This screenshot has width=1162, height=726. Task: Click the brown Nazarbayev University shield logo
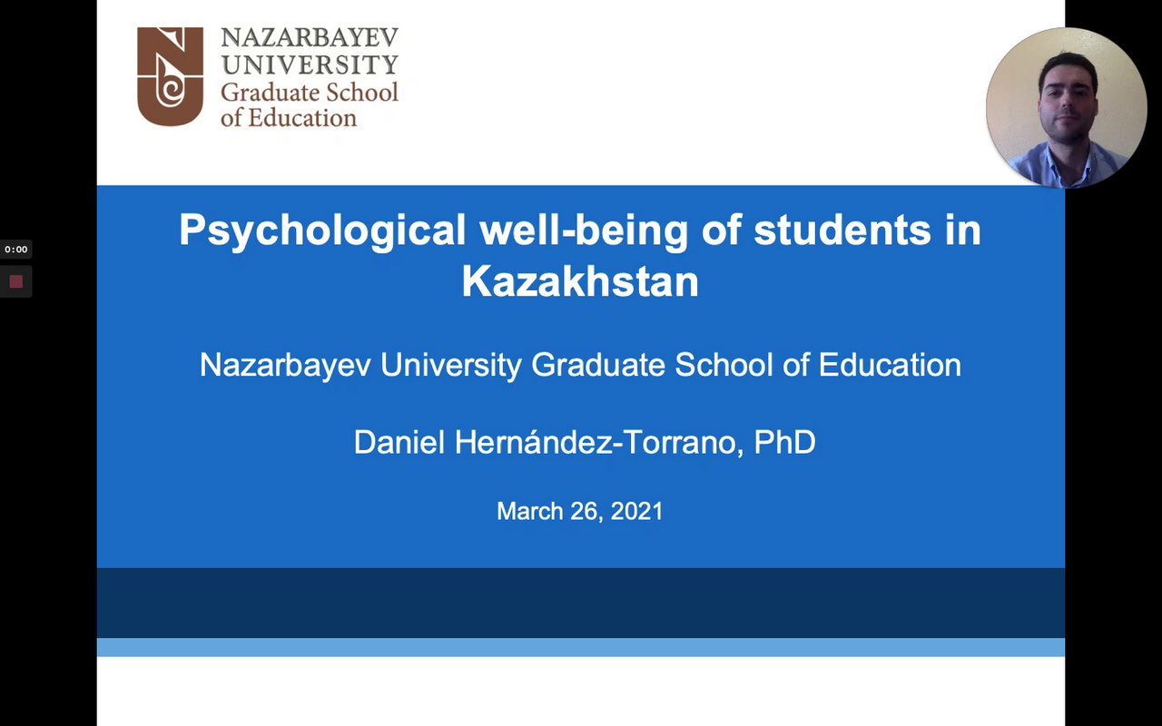[170, 76]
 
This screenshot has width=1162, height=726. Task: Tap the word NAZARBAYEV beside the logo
[310, 37]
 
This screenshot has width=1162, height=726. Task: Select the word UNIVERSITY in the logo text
[310, 64]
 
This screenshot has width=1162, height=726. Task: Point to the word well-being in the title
[584, 230]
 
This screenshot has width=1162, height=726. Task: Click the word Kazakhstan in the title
[580, 281]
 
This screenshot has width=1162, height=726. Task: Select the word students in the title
[842, 230]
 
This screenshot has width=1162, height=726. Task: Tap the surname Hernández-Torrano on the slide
[595, 442]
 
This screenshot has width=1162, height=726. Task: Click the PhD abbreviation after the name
[785, 442]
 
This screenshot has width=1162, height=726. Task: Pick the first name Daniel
[399, 442]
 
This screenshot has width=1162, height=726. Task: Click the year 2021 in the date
[637, 511]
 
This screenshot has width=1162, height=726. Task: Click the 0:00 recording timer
[16, 250]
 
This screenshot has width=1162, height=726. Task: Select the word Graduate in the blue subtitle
[598, 365]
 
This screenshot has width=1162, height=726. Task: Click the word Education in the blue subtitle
[890, 365]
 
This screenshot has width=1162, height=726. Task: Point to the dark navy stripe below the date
[581, 603]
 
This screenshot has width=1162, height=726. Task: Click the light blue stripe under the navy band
[581, 647]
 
